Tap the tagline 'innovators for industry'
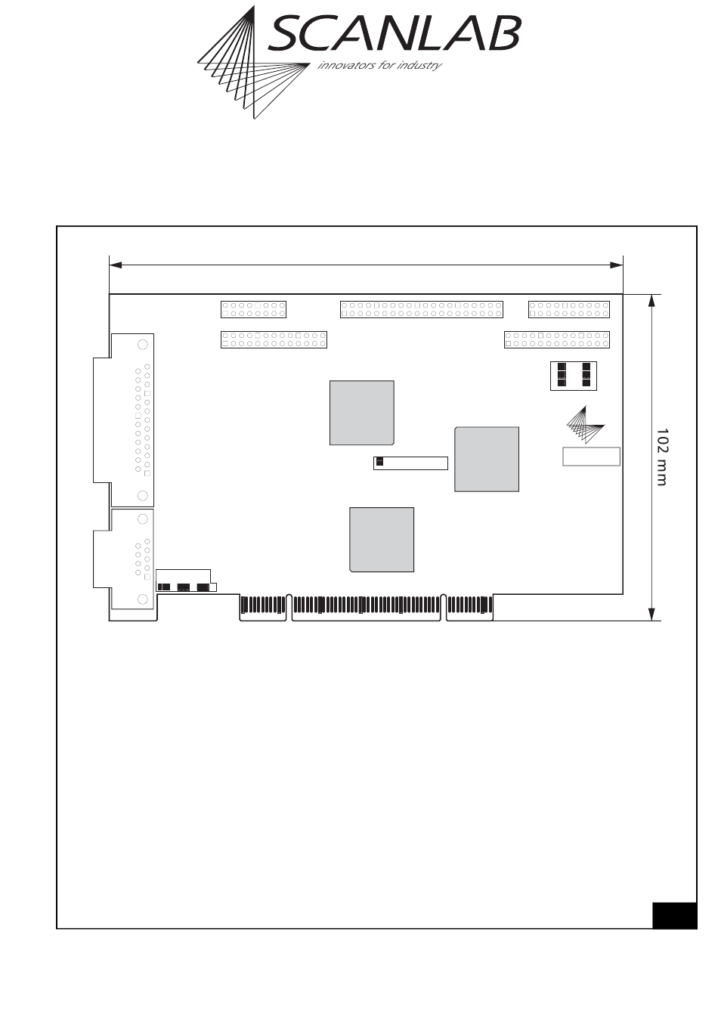pyautogui.click(x=379, y=65)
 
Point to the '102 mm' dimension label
pyautogui.click(x=662, y=457)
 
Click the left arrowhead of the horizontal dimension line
pyautogui.click(x=116, y=265)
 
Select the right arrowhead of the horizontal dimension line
pyautogui.click(x=616, y=265)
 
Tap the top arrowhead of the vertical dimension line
pyautogui.click(x=651, y=301)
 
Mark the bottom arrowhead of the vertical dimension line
pyautogui.click(x=651, y=614)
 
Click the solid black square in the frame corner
pyautogui.click(x=674, y=915)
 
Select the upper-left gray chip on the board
pyautogui.click(x=361, y=413)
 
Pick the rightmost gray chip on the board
pyautogui.click(x=486, y=459)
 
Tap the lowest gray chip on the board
pyautogui.click(x=381, y=540)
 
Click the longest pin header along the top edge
pyautogui.click(x=421, y=309)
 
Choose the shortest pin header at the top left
pyautogui.click(x=253, y=309)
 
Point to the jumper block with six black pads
pyautogui.click(x=574, y=376)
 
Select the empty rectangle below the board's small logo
pyautogui.click(x=591, y=457)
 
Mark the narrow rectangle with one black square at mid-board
pyautogui.click(x=410, y=463)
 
